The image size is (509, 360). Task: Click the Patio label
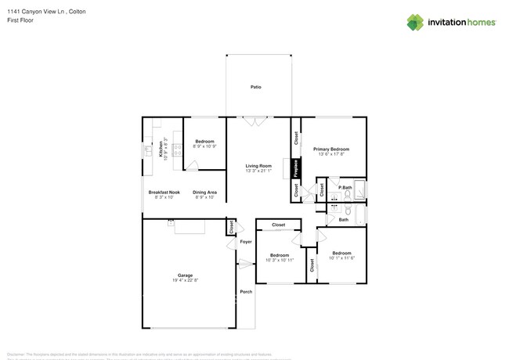pyautogui.click(x=255, y=86)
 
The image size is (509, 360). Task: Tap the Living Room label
pyautogui.click(x=258, y=165)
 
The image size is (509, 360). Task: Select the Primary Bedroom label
pyautogui.click(x=330, y=149)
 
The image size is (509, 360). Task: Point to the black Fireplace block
pyautogui.click(x=296, y=168)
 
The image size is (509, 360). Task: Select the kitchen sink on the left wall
pyautogui.click(x=146, y=149)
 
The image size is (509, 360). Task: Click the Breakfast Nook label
pyautogui.click(x=164, y=192)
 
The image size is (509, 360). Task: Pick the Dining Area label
pyautogui.click(x=205, y=192)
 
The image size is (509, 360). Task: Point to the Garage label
pyautogui.click(x=185, y=275)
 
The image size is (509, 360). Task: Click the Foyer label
pyautogui.click(x=245, y=242)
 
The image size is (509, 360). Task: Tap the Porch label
pyautogui.click(x=246, y=291)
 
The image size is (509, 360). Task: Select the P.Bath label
pyautogui.click(x=344, y=188)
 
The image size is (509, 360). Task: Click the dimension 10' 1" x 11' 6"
pyautogui.click(x=341, y=257)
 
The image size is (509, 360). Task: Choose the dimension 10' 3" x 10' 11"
pyautogui.click(x=280, y=260)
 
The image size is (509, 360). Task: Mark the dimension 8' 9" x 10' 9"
pyautogui.click(x=204, y=146)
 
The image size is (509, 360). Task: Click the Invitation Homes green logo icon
pyautogui.click(x=415, y=22)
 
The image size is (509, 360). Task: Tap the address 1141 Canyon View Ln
pyautogui.click(x=35, y=11)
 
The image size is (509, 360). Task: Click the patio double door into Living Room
pyautogui.click(x=254, y=121)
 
